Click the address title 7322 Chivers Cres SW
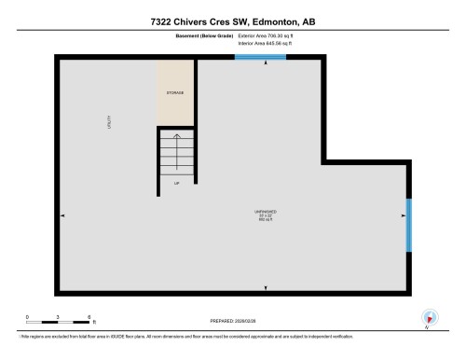coord(233,21)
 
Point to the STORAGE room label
coord(175,93)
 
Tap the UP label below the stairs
coord(176,184)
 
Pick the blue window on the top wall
coord(260,58)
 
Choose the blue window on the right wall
coord(408,225)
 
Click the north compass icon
coord(428,317)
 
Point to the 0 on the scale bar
coord(27,316)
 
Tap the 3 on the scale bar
coord(58,316)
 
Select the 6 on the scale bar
coord(89,316)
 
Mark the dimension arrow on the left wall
coord(62,215)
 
